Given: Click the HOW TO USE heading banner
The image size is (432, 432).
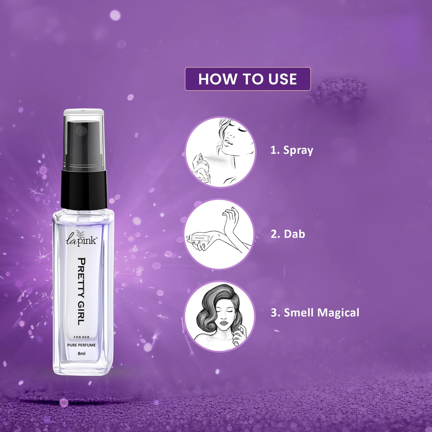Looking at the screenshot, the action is (248, 79).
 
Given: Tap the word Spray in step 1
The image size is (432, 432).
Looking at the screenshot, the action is (298, 150).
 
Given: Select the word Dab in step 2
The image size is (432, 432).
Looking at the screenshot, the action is (294, 234).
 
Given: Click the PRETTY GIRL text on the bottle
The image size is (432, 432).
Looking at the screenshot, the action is (82, 291).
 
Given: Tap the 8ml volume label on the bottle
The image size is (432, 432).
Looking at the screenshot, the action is (82, 353).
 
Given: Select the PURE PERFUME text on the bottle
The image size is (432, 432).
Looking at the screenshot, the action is (82, 345).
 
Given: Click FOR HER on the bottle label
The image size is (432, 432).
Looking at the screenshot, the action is (82, 337).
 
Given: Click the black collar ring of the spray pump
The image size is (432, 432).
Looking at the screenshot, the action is (84, 189).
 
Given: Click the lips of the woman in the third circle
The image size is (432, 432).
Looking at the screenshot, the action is (224, 323).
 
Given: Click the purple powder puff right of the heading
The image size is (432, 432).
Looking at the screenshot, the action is (337, 91).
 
